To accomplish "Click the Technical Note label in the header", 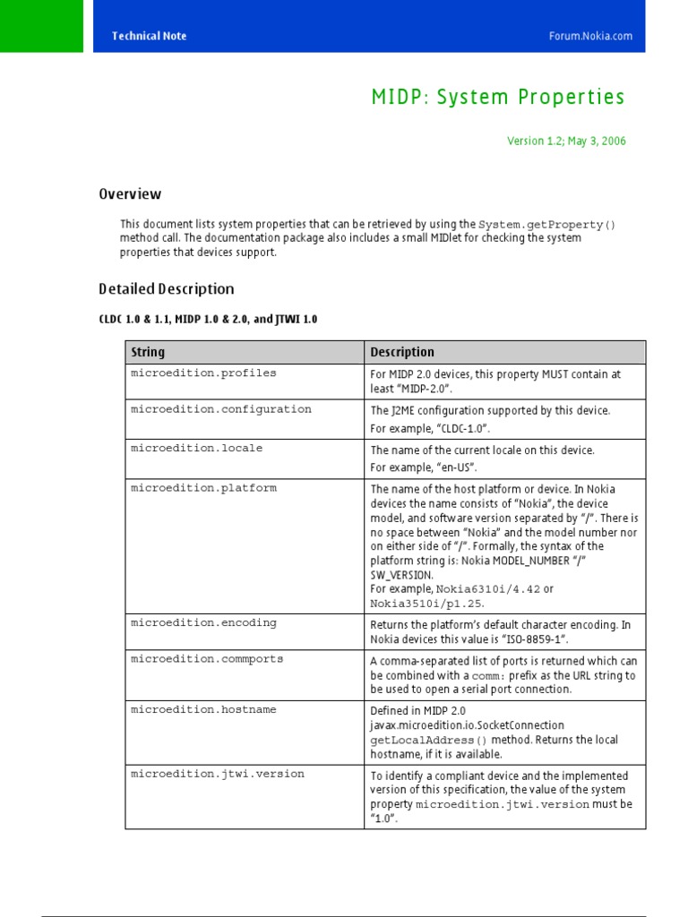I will tap(149, 36).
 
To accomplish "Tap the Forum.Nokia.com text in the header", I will tap(590, 36).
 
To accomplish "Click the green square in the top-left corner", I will tap(41, 25).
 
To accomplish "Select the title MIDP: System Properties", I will tap(498, 97).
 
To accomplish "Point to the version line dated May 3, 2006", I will tap(566, 141).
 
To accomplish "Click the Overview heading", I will tap(130, 194).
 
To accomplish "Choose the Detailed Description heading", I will tap(166, 289).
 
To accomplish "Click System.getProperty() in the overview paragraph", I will tap(547, 224).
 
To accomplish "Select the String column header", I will tap(148, 352).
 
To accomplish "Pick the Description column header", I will tap(402, 352).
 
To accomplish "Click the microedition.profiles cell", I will tap(203, 373).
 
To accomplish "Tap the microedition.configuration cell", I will tap(221, 409).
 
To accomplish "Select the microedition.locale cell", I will tap(197, 449).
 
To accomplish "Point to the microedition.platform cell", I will tap(203, 488).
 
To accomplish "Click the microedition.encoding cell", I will tap(203, 622).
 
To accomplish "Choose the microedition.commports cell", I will tap(207, 659).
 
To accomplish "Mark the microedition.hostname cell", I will tap(203, 709).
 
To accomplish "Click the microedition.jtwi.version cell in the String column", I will tap(218, 774).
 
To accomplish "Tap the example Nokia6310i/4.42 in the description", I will tap(489, 589).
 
